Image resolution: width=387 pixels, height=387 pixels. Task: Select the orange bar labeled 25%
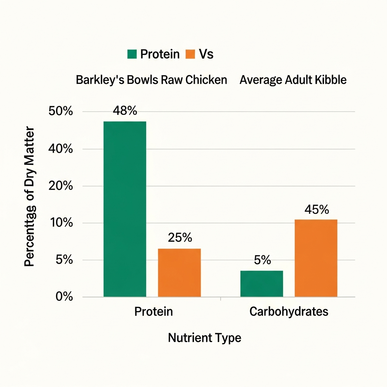click(179, 272)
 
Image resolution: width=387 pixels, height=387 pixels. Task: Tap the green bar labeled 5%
click(262, 283)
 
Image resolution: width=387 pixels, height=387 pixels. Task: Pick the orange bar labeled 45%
click(316, 258)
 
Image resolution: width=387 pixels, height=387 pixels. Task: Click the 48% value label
click(125, 111)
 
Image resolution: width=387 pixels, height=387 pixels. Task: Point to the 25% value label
click(180, 238)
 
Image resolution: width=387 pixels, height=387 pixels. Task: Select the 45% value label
click(316, 209)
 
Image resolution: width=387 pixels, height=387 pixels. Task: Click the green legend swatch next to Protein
click(132, 54)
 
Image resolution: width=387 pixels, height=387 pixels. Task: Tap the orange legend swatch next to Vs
click(190, 54)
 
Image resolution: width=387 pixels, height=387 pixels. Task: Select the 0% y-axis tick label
click(63, 297)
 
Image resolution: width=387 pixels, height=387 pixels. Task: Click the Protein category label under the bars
click(153, 312)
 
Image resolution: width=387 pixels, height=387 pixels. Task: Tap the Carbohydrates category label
click(289, 312)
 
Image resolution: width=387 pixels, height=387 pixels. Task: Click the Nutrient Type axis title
click(204, 337)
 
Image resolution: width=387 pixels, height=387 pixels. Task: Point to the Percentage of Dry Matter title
click(29, 197)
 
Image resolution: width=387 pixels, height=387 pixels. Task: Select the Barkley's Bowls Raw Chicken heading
click(152, 80)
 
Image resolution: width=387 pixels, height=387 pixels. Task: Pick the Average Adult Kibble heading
click(293, 80)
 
